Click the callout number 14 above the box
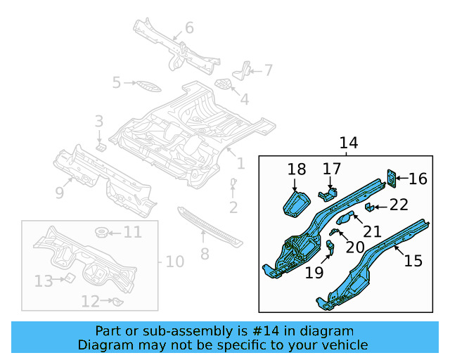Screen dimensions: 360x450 (x=349, y=143)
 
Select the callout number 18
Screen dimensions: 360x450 (x=297, y=169)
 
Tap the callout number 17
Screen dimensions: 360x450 (x=332, y=169)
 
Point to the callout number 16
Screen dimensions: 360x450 (x=418, y=179)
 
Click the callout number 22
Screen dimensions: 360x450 (x=399, y=205)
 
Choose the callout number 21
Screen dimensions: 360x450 (x=372, y=231)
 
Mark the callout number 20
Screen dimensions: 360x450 (x=356, y=247)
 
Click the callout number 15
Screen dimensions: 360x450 (x=413, y=261)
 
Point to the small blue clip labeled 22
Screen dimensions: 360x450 (x=368, y=206)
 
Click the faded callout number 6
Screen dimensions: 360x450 (x=189, y=28)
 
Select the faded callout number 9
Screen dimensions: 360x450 (x=60, y=191)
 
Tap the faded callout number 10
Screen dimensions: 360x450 (x=174, y=262)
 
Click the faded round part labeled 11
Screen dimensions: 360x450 (x=101, y=232)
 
